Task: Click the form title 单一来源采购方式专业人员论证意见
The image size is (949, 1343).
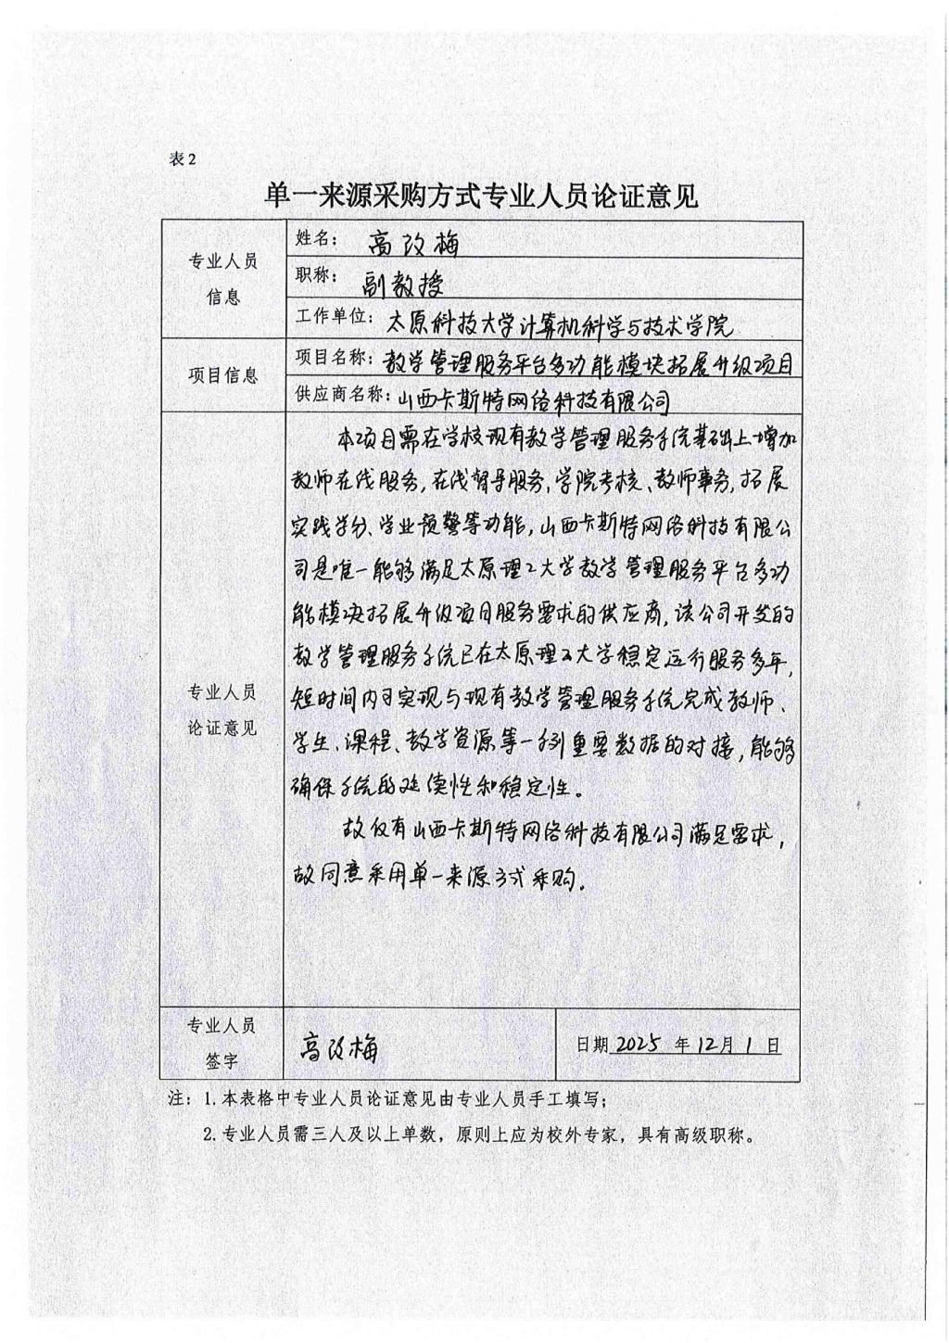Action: tap(481, 196)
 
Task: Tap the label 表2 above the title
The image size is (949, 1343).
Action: tap(183, 158)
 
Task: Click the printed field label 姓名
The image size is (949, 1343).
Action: tap(313, 238)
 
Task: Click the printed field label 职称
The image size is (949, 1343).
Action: tap(313, 276)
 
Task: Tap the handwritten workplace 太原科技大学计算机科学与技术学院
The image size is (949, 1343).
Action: tap(559, 323)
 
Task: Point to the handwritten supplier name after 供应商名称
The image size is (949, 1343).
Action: tap(532, 399)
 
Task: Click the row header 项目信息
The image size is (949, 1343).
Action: tap(223, 375)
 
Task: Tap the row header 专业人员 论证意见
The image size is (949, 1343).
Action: tap(223, 709)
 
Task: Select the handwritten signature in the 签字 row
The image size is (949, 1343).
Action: tap(337, 1047)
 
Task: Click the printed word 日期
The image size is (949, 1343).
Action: tap(592, 1045)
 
